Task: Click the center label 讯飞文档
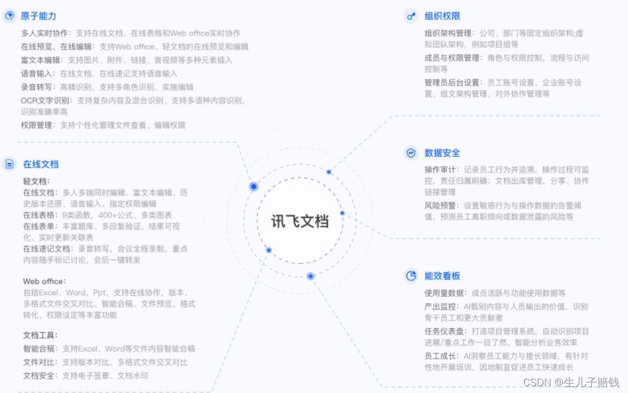pos(300,221)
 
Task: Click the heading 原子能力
pos(39,16)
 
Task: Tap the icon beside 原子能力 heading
pos(10,16)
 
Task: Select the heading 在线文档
pos(41,164)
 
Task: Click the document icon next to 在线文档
pos(10,164)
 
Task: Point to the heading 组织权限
pos(442,16)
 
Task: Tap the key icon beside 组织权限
pos(411,16)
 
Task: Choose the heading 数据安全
pos(442,153)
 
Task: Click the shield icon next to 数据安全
pos(411,153)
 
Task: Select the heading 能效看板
pos(442,276)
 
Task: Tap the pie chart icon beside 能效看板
pos(411,276)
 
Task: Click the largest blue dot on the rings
pos(253,186)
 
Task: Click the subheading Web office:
pos(44,281)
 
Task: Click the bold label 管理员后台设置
pos(452,83)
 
